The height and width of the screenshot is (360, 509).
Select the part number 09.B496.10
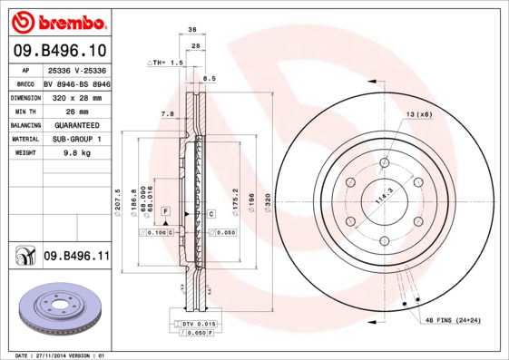59,50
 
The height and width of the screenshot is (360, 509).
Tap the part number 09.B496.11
76,257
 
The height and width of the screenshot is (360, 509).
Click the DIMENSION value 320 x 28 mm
75,95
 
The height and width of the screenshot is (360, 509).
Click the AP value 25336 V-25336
75,68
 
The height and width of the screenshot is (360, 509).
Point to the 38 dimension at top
192,30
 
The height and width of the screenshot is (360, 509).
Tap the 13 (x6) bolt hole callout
418,114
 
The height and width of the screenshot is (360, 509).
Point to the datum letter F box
166,210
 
